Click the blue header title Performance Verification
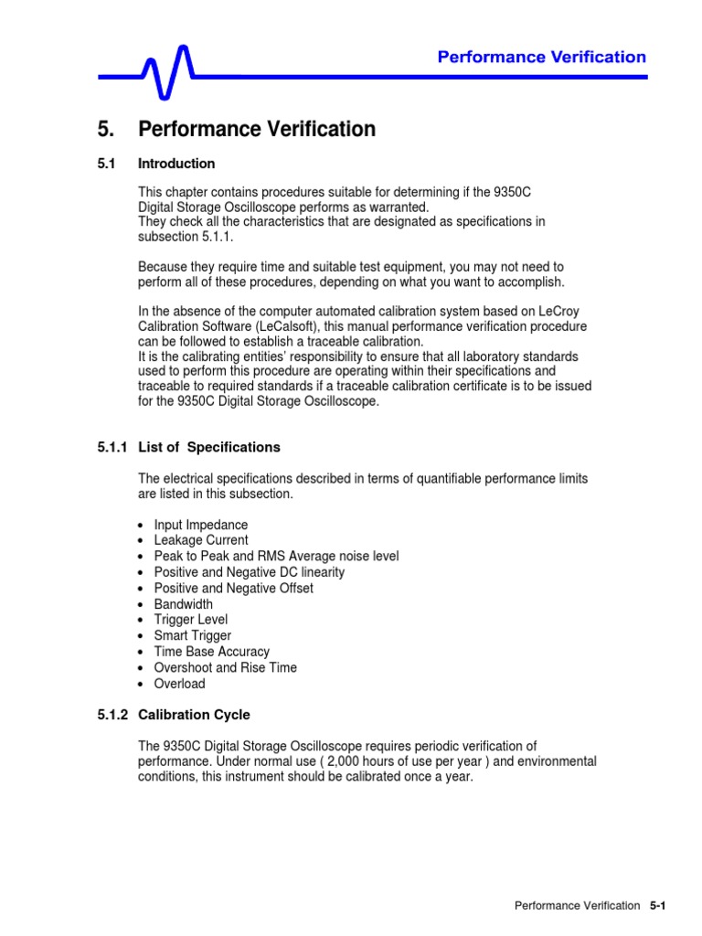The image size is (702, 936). point(541,58)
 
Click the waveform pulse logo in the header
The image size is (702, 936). point(170,71)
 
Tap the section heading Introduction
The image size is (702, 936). point(176,164)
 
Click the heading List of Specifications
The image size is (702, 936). point(208,447)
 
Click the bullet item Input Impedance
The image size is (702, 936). point(200,525)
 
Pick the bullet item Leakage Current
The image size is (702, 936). point(200,540)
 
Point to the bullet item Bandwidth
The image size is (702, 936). point(183,604)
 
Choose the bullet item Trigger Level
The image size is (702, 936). point(191,620)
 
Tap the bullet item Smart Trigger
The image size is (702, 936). point(192,635)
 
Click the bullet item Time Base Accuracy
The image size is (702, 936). point(211,652)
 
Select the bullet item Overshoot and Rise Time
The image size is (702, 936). point(225,667)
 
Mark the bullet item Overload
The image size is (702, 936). point(179,684)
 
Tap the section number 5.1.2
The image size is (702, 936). point(114,715)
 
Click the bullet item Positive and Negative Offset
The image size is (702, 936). point(233,588)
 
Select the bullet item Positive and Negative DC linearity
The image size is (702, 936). point(249,572)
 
